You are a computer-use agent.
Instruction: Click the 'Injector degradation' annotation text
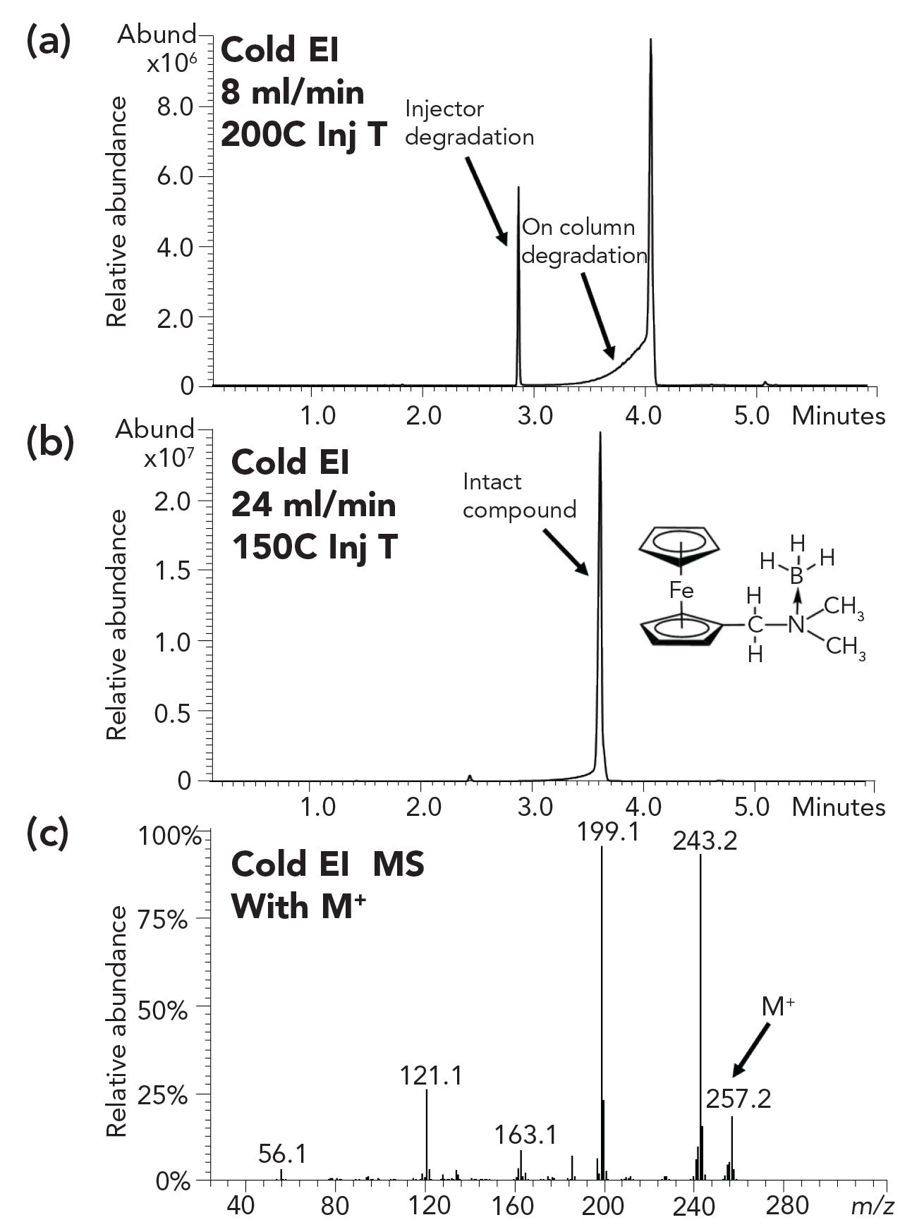469,123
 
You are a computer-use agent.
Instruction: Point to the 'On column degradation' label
583,240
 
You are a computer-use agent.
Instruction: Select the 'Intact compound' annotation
519,495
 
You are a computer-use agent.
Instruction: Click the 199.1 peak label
608,832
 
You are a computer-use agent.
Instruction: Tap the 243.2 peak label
705,841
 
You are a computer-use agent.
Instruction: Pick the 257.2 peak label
738,1098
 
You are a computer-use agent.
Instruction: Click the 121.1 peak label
431,1076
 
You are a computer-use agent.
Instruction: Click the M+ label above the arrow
777,1008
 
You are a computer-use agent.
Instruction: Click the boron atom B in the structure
797,576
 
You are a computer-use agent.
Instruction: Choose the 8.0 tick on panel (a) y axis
176,107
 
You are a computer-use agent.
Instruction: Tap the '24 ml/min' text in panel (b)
314,505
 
